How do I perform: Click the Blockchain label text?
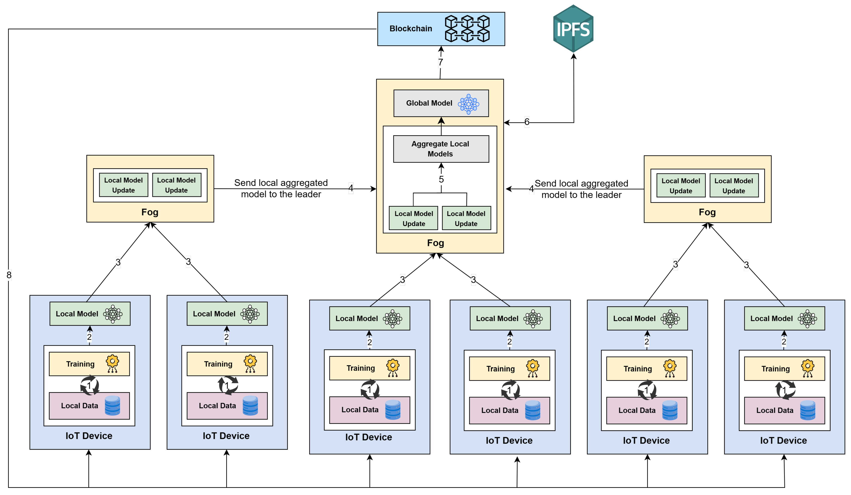click(411, 29)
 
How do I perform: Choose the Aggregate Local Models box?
click(441, 149)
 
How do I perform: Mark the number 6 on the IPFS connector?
click(527, 122)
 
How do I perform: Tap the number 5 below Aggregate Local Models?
click(441, 179)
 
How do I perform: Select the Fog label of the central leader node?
click(435, 243)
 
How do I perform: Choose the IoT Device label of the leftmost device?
click(89, 436)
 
